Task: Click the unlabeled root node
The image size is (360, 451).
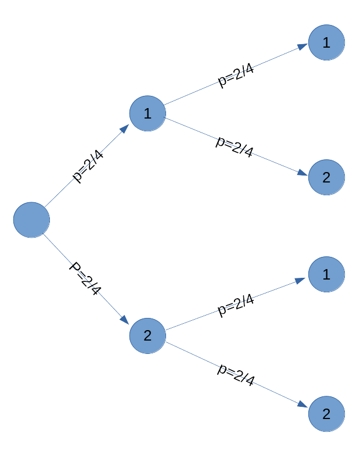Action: point(31,220)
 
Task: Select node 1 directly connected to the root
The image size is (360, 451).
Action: point(147,113)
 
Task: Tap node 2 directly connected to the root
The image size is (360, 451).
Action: point(147,335)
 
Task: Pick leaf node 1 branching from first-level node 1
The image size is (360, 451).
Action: point(326,42)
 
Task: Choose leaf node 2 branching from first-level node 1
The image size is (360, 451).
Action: point(326,177)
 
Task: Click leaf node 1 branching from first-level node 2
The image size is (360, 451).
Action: point(326,274)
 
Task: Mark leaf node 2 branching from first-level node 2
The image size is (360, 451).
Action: point(326,414)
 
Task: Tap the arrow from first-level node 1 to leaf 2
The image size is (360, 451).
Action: point(192,128)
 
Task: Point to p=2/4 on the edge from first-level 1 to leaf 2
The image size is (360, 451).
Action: point(235,146)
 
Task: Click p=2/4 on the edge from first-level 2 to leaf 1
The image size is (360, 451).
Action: point(235,305)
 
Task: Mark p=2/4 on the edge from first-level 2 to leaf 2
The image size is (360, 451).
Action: point(236,375)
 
